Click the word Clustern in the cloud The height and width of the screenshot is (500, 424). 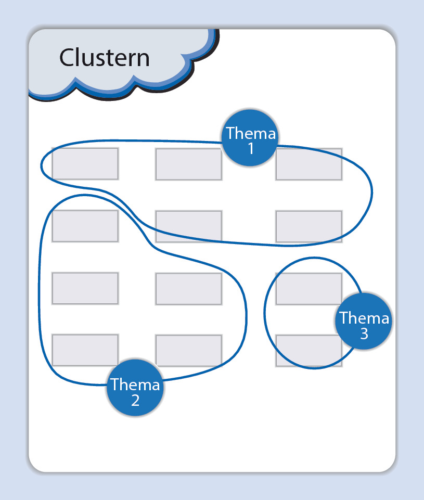pos(104,57)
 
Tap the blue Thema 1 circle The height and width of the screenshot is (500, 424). pos(250,139)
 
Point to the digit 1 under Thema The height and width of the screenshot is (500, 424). pos(251,149)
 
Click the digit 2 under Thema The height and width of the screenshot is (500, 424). pos(135,401)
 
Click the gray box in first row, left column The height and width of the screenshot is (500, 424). pos(85,164)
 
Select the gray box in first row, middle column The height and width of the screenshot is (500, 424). pos(189,164)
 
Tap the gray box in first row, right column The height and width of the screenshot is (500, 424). pos(309,164)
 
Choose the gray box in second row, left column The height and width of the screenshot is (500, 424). pos(85,226)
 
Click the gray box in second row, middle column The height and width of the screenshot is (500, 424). pos(189,226)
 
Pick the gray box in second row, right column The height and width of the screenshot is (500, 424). pos(309,226)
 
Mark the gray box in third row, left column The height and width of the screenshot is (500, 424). pos(85,288)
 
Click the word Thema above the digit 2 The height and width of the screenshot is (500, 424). pos(135,385)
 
